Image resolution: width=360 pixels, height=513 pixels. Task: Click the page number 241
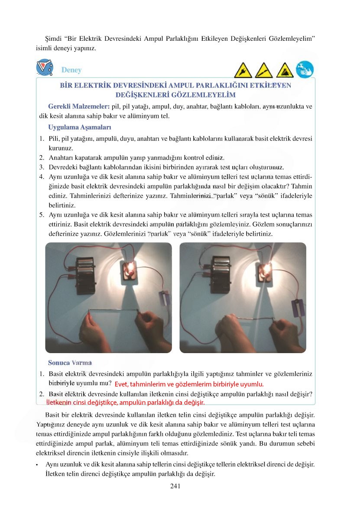point(175,486)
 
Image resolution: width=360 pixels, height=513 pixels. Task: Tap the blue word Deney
point(71,70)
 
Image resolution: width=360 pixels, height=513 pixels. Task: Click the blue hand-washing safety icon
point(305,69)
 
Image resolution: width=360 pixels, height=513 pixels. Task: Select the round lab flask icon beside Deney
point(45,68)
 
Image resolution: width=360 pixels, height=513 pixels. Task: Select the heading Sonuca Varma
point(70,362)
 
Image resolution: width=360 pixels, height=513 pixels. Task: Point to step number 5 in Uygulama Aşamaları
point(42,215)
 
